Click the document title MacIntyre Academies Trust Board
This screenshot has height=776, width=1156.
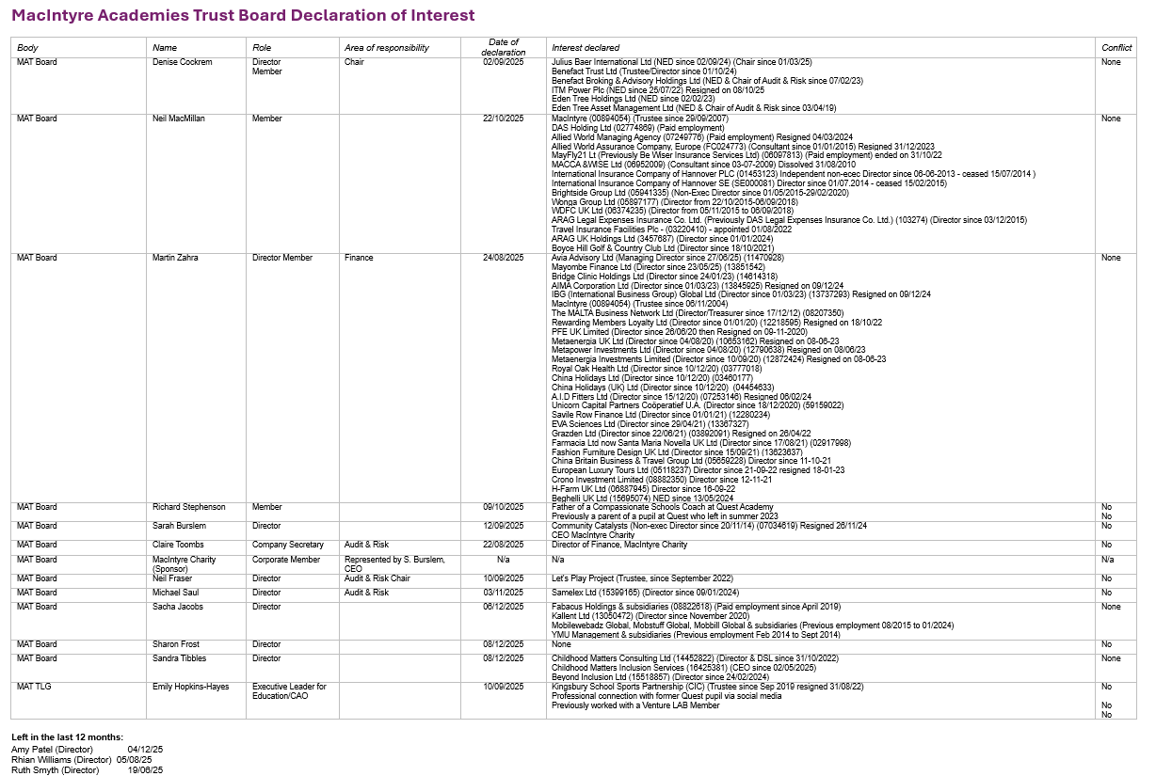[243, 16]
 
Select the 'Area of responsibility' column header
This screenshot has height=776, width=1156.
[386, 48]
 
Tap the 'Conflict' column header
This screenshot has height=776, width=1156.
[1116, 48]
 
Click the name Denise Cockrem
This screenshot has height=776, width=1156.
[183, 62]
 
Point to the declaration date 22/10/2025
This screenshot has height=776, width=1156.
[504, 119]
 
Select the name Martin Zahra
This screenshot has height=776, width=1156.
[175, 258]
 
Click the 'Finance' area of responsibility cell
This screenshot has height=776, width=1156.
[359, 258]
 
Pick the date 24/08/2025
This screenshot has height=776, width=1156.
[504, 258]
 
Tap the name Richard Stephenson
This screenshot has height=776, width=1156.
[189, 507]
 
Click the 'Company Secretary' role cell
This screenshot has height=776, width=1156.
[287, 545]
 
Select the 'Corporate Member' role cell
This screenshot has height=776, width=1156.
[286, 560]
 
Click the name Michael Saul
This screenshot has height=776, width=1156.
[177, 593]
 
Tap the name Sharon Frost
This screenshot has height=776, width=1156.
[176, 644]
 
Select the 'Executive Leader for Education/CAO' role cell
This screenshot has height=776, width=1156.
[289, 690]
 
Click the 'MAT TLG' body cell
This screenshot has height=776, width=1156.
[34, 687]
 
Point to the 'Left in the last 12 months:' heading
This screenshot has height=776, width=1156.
[67, 736]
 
